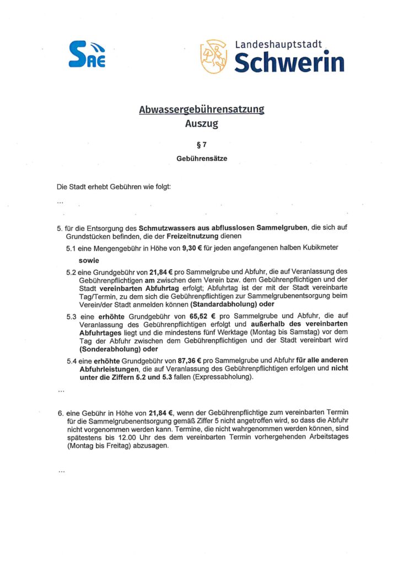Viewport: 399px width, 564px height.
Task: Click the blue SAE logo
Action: [x=87, y=55]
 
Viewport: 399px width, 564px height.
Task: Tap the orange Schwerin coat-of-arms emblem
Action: [x=213, y=56]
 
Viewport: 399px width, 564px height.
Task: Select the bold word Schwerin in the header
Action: [x=289, y=62]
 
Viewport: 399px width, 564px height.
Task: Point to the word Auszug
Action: [x=202, y=123]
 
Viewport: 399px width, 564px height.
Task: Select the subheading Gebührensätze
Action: [x=202, y=158]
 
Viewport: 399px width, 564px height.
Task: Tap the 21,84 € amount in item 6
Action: [x=157, y=412]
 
